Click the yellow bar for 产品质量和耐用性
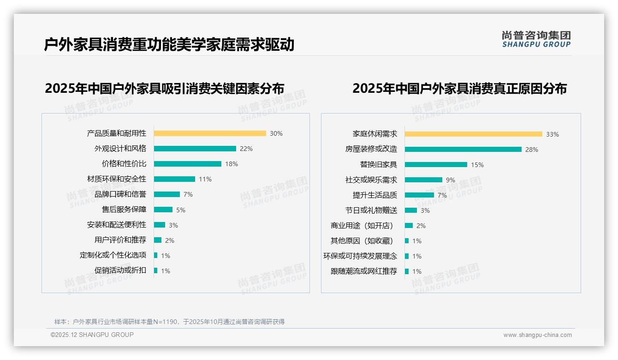pyautogui.click(x=210, y=133)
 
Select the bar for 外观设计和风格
pyautogui.click(x=195, y=149)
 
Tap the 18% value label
pyautogui.click(x=232, y=164)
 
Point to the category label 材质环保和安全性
pyautogui.click(x=116, y=179)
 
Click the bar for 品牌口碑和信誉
pyautogui.click(x=166, y=194)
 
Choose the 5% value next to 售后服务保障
pyautogui.click(x=180, y=210)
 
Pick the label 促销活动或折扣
pyautogui.click(x=120, y=270)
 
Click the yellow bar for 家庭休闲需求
pyautogui.click(x=473, y=134)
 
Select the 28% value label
pyautogui.click(x=531, y=150)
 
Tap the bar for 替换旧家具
pyautogui.click(x=436, y=165)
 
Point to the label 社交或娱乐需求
pyautogui.click(x=371, y=180)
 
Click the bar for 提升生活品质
pyautogui.click(x=419, y=195)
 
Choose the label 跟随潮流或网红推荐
pyautogui.click(x=363, y=271)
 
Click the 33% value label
pyautogui.click(x=552, y=134)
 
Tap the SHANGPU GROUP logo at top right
pyautogui.click(x=536, y=39)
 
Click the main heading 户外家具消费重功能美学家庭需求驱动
pyautogui.click(x=169, y=45)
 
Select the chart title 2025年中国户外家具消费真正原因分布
pyautogui.click(x=459, y=88)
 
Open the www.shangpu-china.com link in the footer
pyautogui.click(x=537, y=335)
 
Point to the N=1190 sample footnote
pyautogui.click(x=169, y=322)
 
